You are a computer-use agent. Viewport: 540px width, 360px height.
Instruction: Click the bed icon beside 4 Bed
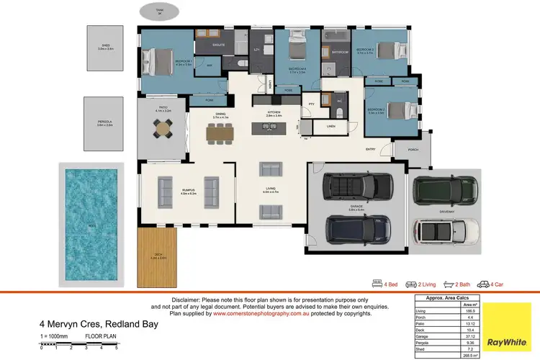click(377, 284)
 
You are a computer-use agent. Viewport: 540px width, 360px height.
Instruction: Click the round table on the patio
click(164, 127)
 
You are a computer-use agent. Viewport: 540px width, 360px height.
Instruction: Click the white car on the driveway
click(446, 230)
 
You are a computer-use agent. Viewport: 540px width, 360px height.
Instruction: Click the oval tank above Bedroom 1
click(160, 12)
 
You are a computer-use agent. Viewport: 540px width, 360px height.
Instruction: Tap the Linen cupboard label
click(330, 126)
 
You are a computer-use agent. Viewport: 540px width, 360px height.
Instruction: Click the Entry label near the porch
click(370, 149)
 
